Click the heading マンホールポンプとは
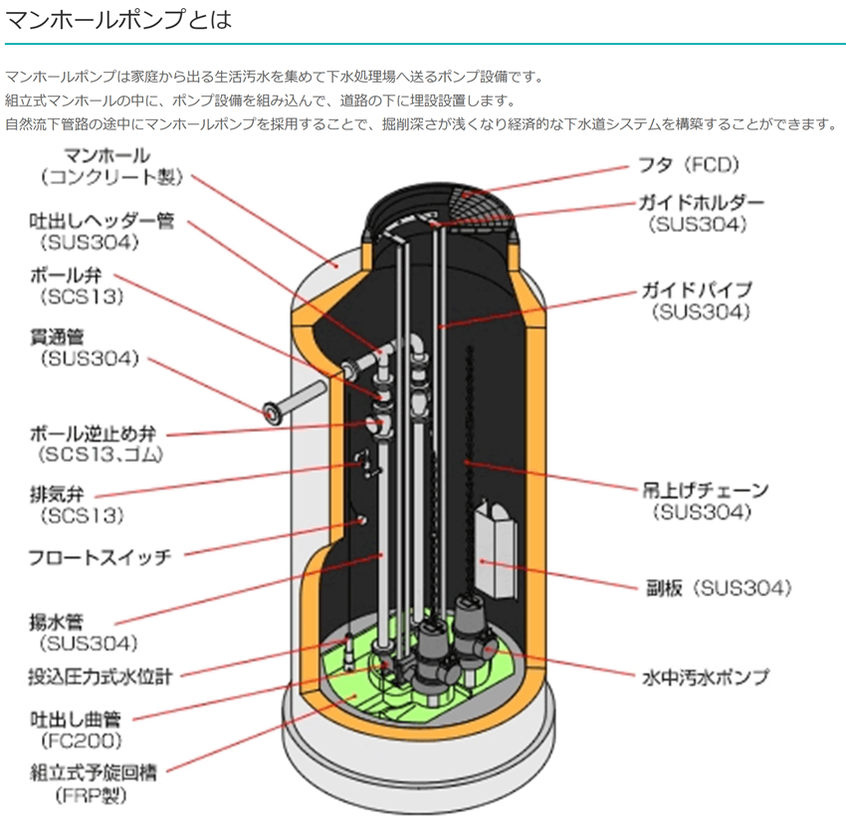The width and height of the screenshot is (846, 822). click(x=118, y=19)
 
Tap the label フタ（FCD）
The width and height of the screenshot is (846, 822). click(x=689, y=165)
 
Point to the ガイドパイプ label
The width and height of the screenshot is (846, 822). click(x=696, y=290)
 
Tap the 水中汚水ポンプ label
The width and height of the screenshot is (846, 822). click(x=705, y=678)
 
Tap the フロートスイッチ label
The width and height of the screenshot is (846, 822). click(x=101, y=557)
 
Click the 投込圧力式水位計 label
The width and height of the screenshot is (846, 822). click(x=100, y=678)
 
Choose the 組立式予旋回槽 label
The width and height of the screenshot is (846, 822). click(x=99, y=773)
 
